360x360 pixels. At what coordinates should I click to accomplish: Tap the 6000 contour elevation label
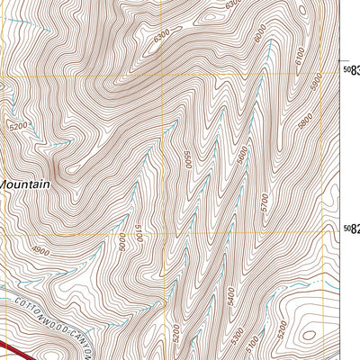tap(261, 36)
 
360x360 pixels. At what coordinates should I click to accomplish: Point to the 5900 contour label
tap(316, 81)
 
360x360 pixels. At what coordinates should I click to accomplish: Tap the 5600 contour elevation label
tap(243, 156)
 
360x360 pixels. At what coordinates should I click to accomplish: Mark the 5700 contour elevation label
tap(264, 204)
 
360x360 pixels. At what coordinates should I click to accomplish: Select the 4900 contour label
tap(39, 251)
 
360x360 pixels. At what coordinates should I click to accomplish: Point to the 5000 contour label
tap(120, 241)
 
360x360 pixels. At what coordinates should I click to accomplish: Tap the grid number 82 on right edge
tap(352, 231)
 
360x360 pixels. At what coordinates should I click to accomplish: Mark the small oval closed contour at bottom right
tap(310, 335)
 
